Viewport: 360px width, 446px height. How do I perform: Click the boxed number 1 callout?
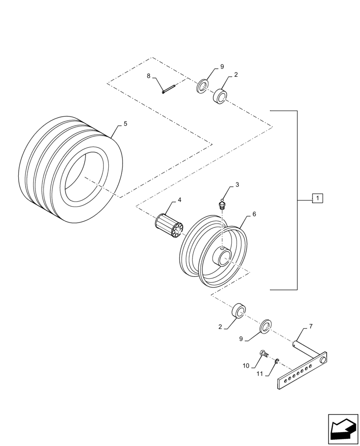317,198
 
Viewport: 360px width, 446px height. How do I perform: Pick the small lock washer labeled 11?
277,360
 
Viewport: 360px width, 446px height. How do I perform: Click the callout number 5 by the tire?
125,124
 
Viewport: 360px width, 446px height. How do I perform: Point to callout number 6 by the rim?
254,214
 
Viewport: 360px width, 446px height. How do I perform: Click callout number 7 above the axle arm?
311,326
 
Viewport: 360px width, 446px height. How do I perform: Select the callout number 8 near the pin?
149,76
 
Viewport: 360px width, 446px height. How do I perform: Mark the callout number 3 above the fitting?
237,184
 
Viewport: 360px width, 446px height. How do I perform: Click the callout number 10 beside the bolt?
245,366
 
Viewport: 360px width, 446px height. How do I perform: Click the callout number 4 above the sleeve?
180,200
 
